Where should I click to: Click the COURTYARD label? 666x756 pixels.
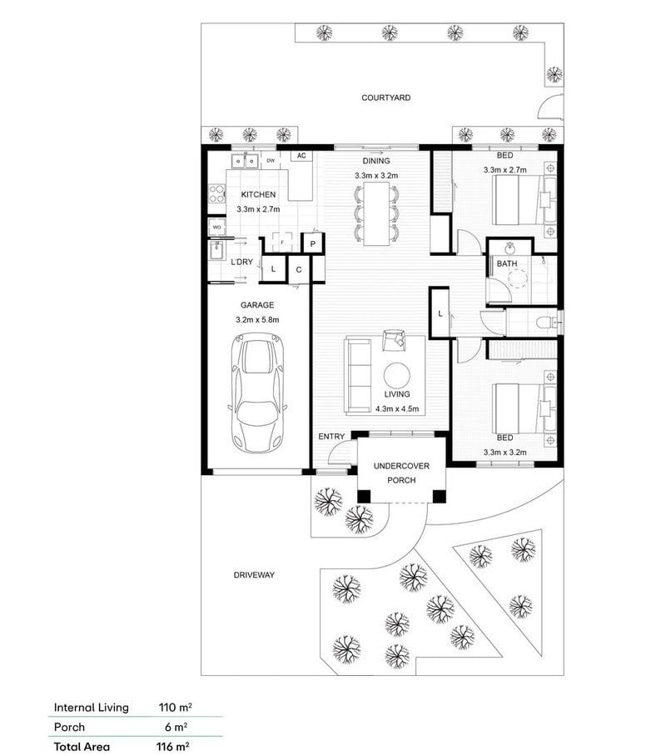coord(385,98)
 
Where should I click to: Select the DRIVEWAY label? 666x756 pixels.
coord(254,575)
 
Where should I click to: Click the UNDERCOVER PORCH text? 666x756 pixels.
coord(401,473)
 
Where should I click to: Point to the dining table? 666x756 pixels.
coord(376,213)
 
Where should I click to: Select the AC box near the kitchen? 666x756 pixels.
coord(301,156)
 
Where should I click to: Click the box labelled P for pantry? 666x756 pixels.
coord(312,243)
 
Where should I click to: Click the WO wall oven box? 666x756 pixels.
coord(216,227)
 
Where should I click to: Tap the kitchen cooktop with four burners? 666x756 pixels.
coord(216,194)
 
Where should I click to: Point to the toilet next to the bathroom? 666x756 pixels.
coord(545,321)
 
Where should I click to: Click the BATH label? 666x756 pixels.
coord(507,263)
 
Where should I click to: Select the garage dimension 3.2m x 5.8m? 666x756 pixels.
coord(257,319)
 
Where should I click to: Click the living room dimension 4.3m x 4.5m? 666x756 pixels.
coord(396,408)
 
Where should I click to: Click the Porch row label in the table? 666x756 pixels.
coord(69,727)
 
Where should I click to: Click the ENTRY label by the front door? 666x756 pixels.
coord(331,437)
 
